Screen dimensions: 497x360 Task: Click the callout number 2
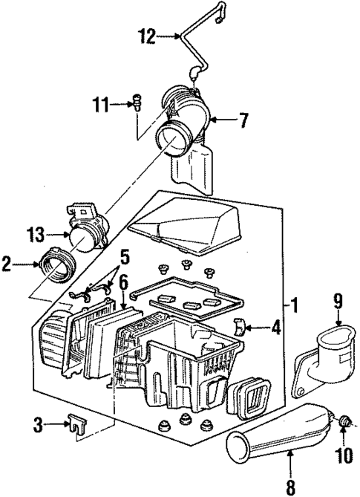tap(9, 262)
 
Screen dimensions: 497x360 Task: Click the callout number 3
tap(42, 425)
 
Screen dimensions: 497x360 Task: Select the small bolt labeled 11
tap(137, 102)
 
